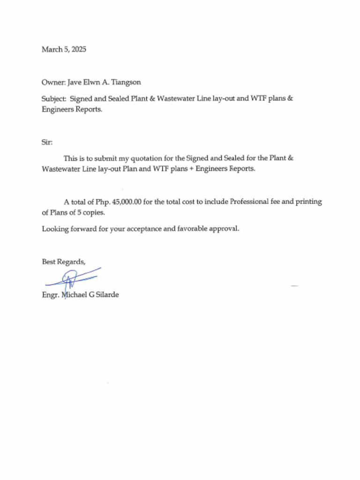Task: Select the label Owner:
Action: click(x=53, y=82)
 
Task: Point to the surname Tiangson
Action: click(x=126, y=82)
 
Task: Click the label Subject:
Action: click(x=54, y=98)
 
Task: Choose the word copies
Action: click(x=94, y=212)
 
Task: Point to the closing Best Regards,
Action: click(x=64, y=262)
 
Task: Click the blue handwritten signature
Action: click(x=73, y=279)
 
